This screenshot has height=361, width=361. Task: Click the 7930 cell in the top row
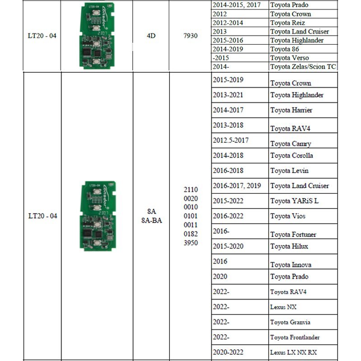tap(190, 35)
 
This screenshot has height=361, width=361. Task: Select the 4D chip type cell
tap(151, 35)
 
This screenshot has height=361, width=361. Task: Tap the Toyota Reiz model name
tap(288, 23)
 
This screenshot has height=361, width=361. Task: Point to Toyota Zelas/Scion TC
tap(303, 67)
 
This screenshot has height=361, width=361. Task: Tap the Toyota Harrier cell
tap(291, 110)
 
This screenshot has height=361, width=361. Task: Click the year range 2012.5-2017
tap(231, 140)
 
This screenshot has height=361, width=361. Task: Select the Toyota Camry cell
tap(290, 143)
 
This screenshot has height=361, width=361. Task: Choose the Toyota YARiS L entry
tap(294, 201)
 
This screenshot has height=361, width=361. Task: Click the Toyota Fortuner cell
tap(293, 234)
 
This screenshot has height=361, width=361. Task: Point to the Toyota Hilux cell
tap(289, 246)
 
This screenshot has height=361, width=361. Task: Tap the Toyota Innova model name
tap(291, 264)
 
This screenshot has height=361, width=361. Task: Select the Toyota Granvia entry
tap(290, 322)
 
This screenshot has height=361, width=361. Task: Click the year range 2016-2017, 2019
tap(237, 185)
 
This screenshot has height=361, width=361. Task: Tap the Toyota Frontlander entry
tap(295, 337)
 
